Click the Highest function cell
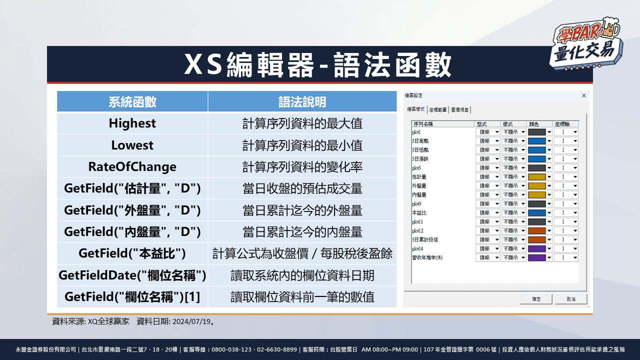click(x=132, y=123)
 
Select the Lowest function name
click(x=132, y=145)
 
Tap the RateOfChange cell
click(x=132, y=167)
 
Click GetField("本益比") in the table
click(x=132, y=253)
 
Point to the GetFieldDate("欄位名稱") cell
click(x=132, y=275)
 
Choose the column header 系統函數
click(x=132, y=102)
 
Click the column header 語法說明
click(x=302, y=102)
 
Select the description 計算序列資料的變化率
click(x=302, y=167)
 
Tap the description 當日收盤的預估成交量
click(x=302, y=189)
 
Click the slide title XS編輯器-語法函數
click(x=319, y=65)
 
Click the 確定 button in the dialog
click(x=536, y=299)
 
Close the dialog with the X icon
click(x=583, y=95)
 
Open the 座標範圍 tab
click(x=438, y=109)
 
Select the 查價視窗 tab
click(x=459, y=109)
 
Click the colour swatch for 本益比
click(x=537, y=212)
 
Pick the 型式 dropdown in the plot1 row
click(x=488, y=132)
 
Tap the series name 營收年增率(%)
click(x=427, y=257)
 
